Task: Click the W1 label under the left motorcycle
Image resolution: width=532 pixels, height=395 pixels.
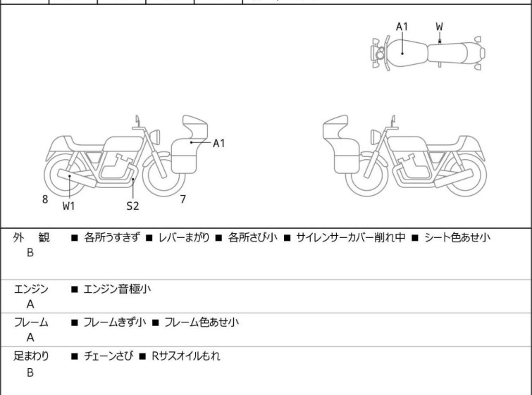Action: coord(68,206)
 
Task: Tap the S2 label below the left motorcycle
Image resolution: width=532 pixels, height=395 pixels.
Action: coord(132,206)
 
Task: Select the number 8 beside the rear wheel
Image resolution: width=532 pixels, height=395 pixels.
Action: coord(45,199)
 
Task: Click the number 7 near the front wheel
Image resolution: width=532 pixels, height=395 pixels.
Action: coord(183,199)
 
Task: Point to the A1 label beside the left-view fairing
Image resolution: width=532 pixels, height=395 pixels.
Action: coord(219,144)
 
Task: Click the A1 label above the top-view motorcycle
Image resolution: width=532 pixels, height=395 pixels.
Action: coord(402,27)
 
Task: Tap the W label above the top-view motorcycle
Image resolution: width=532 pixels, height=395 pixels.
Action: coord(440,27)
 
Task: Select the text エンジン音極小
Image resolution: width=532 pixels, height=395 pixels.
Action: coord(117,289)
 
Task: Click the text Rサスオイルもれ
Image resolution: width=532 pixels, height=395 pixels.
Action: coord(185,356)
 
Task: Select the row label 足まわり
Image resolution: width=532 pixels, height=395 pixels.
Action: coord(32,356)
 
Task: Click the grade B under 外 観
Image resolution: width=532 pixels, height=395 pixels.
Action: coord(30,253)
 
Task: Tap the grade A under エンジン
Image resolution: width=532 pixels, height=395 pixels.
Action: coord(30,304)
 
